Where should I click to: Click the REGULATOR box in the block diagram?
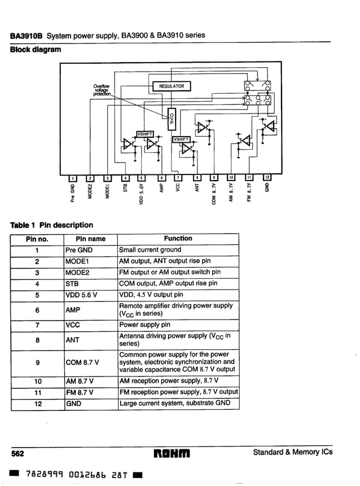tap(172, 86)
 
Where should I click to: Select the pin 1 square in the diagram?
tap(72, 178)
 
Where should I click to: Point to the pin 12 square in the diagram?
tap(268, 178)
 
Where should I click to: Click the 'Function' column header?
tap(178, 239)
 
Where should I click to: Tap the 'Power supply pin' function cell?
tap(147, 325)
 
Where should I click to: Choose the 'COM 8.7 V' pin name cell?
tap(82, 362)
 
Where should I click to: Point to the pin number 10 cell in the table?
tap(36, 381)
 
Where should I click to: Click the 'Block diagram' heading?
tap(36, 50)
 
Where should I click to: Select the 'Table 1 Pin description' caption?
tap(51, 225)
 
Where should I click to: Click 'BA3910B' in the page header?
tap(27, 36)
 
